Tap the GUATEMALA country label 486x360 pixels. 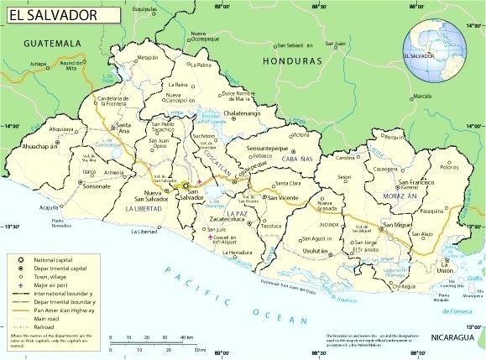(51, 43)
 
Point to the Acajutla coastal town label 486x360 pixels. (50, 207)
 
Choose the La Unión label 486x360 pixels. (444, 269)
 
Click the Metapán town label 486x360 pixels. (148, 58)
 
